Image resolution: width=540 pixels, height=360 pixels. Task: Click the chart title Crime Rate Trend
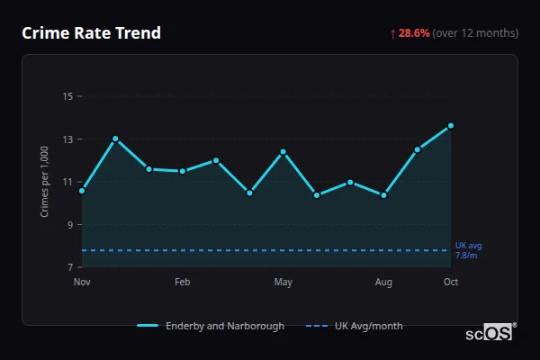(91, 33)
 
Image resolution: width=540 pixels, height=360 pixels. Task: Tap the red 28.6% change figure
(414, 33)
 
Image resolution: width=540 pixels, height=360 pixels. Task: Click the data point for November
(82, 191)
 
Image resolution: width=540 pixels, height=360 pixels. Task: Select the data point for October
(451, 126)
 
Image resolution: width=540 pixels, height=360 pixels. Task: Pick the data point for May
(283, 152)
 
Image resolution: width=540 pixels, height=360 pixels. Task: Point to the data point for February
(183, 171)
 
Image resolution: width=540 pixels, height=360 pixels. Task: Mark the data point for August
(384, 194)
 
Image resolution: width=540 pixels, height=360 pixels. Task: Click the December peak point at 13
(115, 139)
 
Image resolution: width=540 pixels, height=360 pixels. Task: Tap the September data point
(418, 149)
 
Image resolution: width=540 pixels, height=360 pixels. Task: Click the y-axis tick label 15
(68, 96)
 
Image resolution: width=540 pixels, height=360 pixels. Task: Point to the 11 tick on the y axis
(68, 182)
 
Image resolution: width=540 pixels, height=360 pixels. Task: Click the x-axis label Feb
(183, 283)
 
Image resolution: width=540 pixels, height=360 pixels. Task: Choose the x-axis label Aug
(384, 283)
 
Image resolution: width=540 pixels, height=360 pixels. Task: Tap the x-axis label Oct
(451, 283)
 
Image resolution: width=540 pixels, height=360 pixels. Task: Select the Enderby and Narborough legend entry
(212, 326)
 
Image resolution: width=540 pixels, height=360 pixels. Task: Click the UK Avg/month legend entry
(355, 326)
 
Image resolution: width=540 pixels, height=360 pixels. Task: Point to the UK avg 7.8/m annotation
(468, 250)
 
